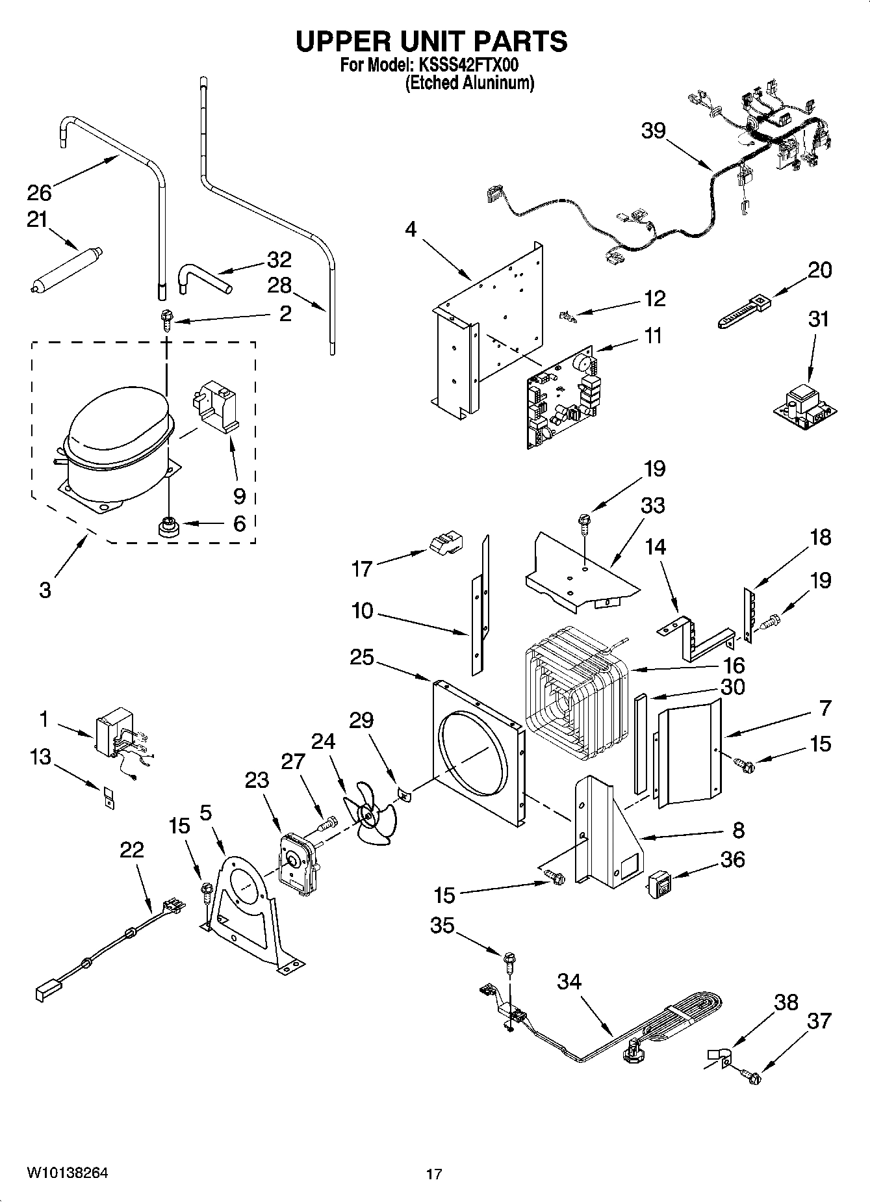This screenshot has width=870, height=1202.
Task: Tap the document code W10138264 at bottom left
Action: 68,1172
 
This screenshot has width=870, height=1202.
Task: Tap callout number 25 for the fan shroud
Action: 362,657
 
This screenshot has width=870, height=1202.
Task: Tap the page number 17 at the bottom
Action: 434,1174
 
